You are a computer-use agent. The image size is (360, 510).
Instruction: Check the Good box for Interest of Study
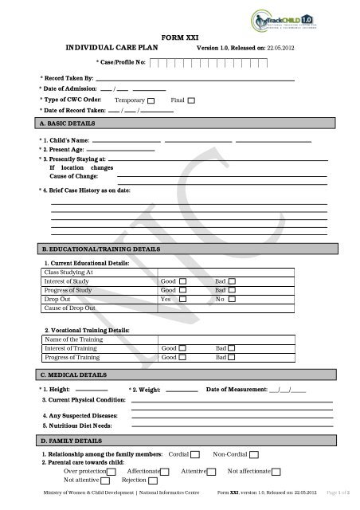pyautogui.click(x=184, y=281)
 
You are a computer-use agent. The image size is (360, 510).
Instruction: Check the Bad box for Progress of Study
pyautogui.click(x=233, y=290)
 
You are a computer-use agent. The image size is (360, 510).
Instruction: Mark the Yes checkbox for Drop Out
pyautogui.click(x=184, y=299)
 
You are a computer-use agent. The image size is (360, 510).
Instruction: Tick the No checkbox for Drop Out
pyautogui.click(x=233, y=299)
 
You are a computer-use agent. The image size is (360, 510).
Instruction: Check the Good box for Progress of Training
pyautogui.click(x=184, y=357)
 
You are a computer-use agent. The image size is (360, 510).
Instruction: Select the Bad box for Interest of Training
pyautogui.click(x=233, y=348)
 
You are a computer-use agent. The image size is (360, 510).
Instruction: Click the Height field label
pyautogui.click(x=54, y=388)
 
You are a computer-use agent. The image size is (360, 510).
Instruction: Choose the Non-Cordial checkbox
pyautogui.click(x=254, y=453)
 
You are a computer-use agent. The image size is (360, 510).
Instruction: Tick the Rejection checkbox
pyautogui.click(x=152, y=481)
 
